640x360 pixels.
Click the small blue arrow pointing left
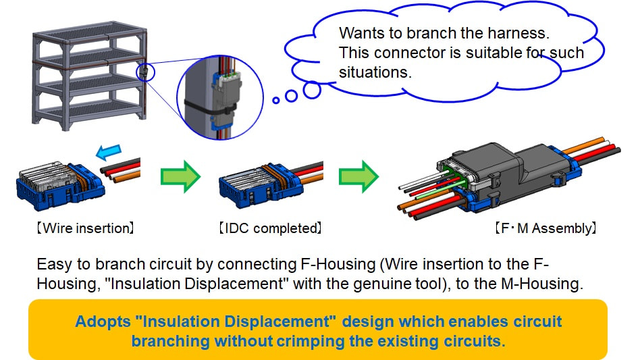pos(109,152)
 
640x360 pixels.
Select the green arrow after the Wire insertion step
pos(180,176)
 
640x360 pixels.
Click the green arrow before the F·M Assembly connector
pos(358,176)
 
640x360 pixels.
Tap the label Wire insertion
pos(85,228)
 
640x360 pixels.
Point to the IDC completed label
pos(270,228)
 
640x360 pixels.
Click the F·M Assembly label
pos(545,228)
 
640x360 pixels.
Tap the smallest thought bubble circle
pos(276,100)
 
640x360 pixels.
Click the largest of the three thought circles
pos(313,91)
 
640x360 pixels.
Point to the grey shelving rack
pos(89,76)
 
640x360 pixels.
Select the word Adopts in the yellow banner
pos(103,322)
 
